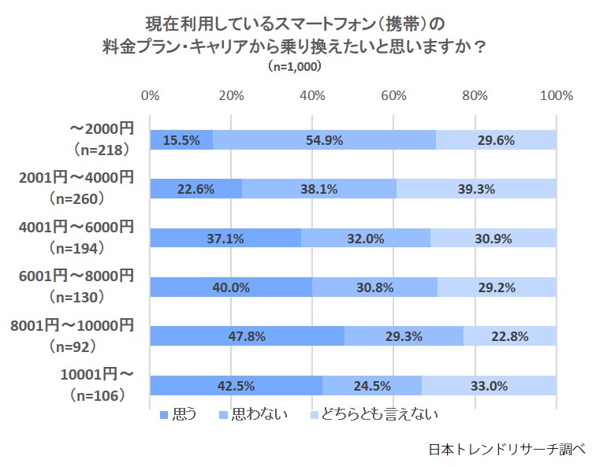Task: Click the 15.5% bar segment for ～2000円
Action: coord(181,140)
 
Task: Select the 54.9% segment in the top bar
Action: coord(324,140)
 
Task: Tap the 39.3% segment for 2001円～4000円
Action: coord(477,189)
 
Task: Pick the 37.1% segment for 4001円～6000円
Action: coord(225,238)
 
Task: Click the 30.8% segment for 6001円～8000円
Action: coord(374,287)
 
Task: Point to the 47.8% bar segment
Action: coord(247,336)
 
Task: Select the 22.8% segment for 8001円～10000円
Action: coord(510,336)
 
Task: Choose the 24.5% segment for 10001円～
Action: coord(372,386)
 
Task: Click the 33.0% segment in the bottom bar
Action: coord(489,386)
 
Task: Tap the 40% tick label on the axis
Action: coord(313,96)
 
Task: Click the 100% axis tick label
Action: coord(557,96)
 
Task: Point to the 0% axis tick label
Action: coord(150,96)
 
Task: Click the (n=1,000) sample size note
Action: coord(295,67)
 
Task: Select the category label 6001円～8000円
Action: coord(76,275)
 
